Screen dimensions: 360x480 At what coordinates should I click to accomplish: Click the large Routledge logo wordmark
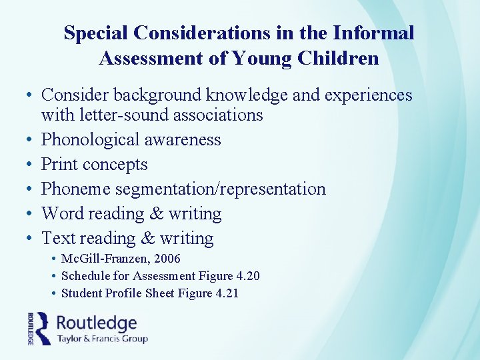coord(97,323)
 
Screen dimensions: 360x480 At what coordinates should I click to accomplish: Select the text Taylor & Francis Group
coord(102,339)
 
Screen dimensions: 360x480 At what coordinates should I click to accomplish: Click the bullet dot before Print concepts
coord(31,165)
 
